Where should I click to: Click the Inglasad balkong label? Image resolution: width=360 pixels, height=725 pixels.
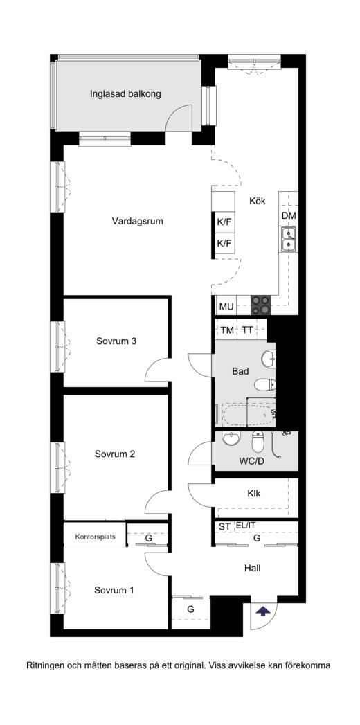[125, 94]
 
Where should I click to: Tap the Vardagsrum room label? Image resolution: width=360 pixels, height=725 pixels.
[138, 221]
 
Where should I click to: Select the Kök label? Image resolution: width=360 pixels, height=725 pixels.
[258, 201]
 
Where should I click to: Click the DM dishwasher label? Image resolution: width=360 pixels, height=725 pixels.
[289, 215]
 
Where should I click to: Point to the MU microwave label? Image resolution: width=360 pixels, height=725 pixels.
[226, 306]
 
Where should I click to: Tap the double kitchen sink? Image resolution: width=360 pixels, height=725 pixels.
[289, 239]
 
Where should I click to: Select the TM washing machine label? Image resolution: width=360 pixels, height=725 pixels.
[227, 330]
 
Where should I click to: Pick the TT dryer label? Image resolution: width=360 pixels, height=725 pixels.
[247, 330]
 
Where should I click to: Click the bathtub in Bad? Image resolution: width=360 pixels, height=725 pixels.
[249, 415]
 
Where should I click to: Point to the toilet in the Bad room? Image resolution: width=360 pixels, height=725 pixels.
[265, 384]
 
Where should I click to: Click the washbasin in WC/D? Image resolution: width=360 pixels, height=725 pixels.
[231, 438]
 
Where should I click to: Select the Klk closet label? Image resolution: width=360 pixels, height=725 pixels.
[253, 493]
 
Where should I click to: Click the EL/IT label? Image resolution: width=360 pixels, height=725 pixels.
[245, 526]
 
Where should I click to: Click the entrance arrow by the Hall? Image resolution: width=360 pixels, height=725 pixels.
[263, 611]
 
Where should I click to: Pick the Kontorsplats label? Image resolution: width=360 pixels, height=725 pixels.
[96, 537]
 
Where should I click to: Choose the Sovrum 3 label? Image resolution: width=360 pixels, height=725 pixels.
[116, 341]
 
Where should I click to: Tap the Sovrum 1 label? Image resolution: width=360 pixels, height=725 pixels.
[114, 591]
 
